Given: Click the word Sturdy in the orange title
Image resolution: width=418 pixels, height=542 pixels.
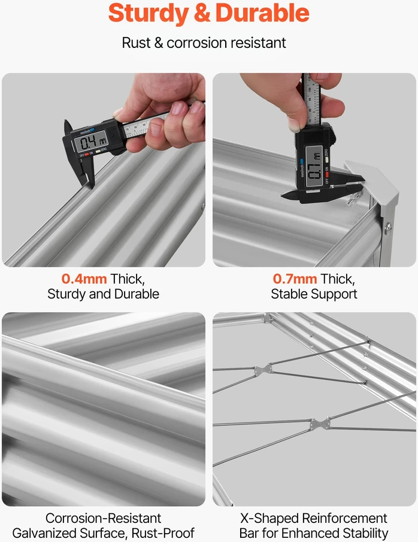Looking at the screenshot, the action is (149, 14).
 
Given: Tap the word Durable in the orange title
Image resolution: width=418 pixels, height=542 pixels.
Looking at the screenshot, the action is (262, 13).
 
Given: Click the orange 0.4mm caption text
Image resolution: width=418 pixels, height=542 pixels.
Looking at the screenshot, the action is (84, 279).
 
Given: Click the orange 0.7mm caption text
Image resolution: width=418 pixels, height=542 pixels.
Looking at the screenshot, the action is (295, 279).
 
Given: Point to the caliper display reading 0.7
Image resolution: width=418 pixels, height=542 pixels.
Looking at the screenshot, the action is (314, 166).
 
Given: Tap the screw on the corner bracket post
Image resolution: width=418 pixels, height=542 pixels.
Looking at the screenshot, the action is (389, 228).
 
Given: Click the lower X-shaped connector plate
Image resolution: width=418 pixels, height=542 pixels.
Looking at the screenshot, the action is (320, 424).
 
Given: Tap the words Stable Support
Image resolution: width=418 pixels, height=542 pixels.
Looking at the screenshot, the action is (314, 294).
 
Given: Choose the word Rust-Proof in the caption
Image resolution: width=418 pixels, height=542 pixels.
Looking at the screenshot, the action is (163, 532).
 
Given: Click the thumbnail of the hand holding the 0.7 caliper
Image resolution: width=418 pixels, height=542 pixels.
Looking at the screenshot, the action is (314, 170).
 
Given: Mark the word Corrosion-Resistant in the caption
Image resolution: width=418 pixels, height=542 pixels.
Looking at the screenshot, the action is (103, 518).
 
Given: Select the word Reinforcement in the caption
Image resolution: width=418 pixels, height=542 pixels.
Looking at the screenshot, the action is (345, 518).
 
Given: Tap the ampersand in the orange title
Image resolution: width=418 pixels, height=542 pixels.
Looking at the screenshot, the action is (202, 13).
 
